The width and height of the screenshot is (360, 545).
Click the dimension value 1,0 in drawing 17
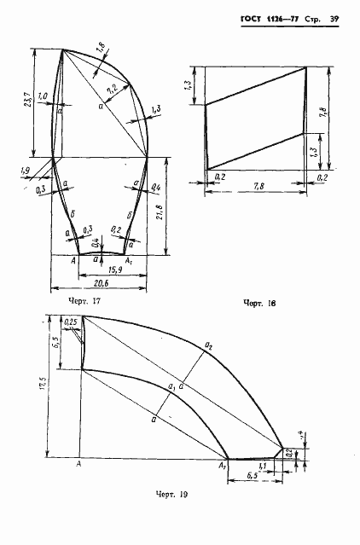pyautogui.click(x=43, y=96)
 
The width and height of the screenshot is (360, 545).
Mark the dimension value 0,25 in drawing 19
pyautogui.click(x=71, y=322)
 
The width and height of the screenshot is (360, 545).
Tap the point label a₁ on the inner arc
pyautogui.click(x=173, y=387)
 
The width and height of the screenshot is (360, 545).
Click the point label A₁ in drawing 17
pyautogui.click(x=130, y=259)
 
